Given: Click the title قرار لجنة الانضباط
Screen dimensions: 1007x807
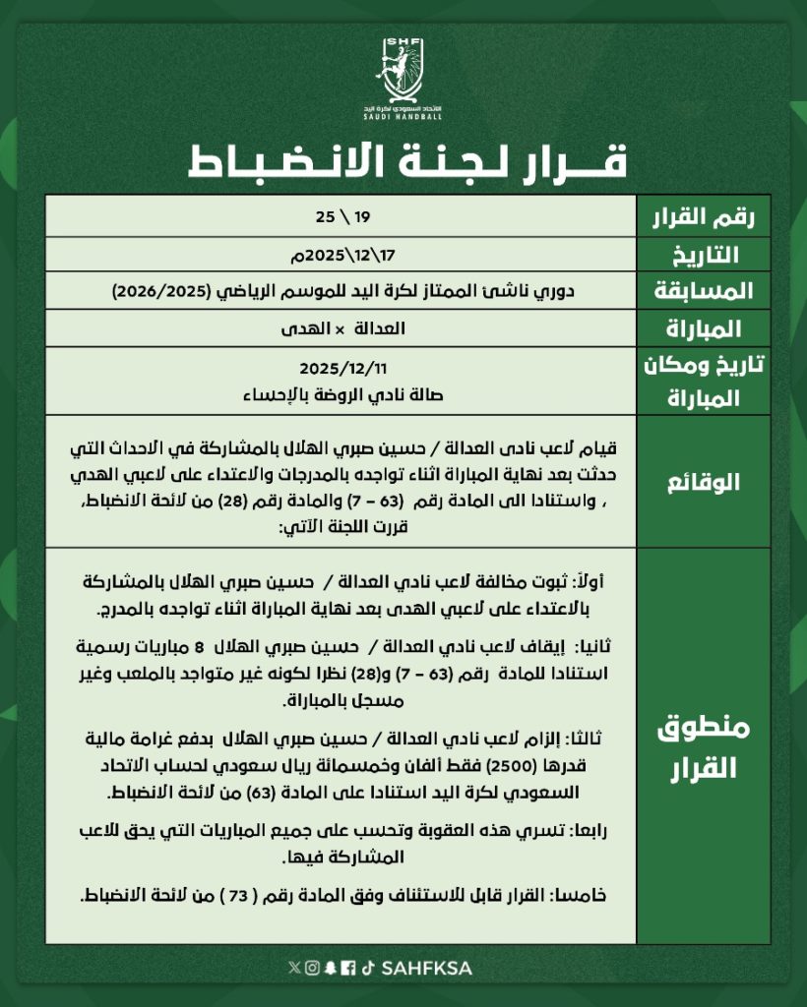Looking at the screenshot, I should (x=404, y=161).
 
